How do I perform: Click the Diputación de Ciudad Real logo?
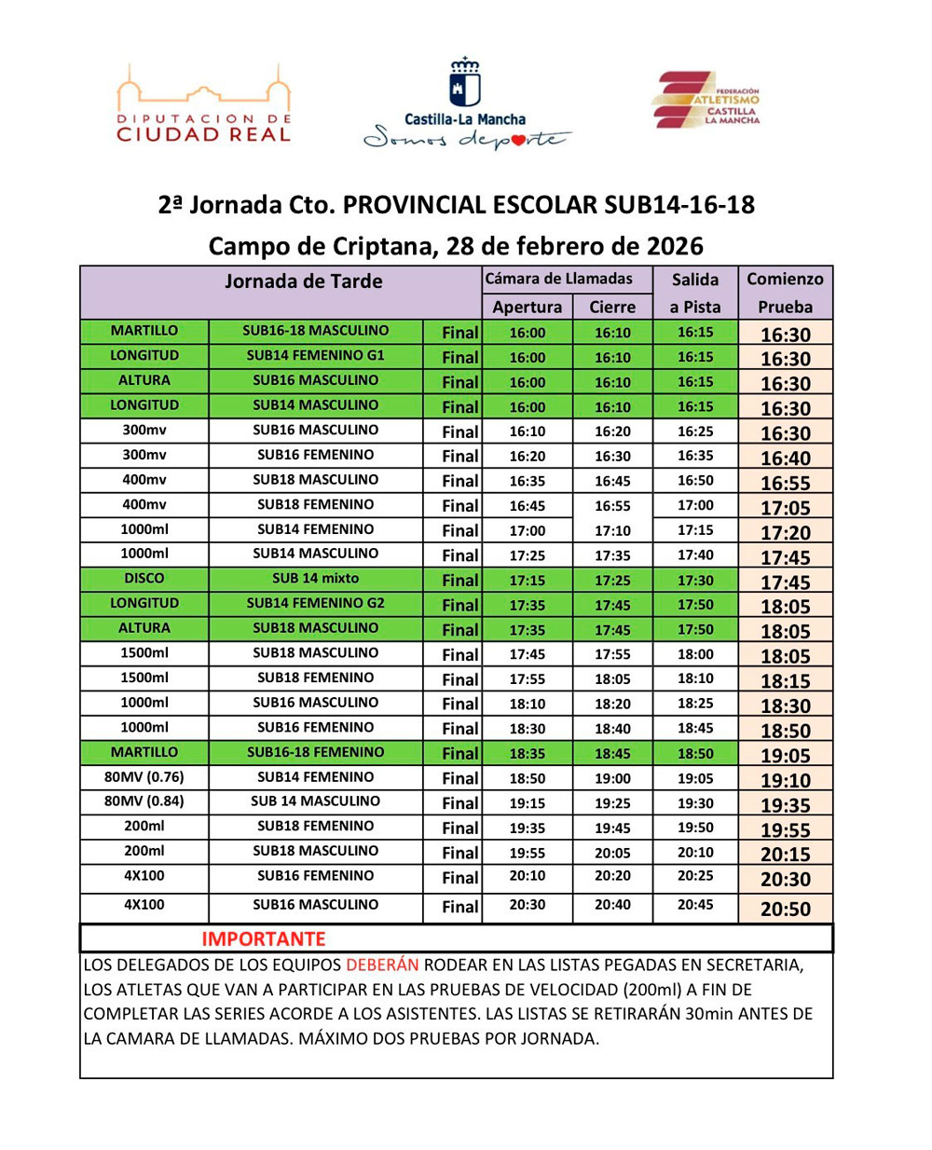click(203, 105)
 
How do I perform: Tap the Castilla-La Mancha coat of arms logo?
click(465, 84)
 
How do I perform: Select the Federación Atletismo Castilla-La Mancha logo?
click(706, 100)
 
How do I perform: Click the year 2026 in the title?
click(674, 246)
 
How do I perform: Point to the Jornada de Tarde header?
click(303, 281)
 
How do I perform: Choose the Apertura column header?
click(527, 307)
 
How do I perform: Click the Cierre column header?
click(612, 307)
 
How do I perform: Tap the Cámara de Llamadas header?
click(558, 279)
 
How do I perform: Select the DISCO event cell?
click(144, 579)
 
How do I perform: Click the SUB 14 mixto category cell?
click(315, 579)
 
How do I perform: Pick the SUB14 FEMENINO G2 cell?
click(315, 603)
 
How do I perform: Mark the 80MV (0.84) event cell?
click(144, 801)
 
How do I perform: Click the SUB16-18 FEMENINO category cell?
click(315, 752)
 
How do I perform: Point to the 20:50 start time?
click(785, 909)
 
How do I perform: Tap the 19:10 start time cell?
click(785, 780)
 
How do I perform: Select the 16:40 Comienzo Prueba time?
click(785, 458)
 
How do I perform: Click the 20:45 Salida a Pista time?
click(695, 905)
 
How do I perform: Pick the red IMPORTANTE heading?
click(264, 938)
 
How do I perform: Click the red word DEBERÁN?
click(381, 965)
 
